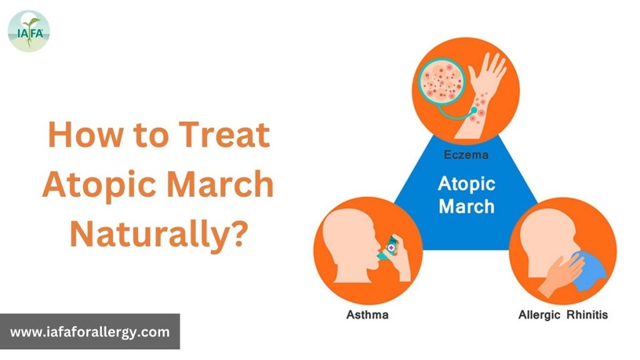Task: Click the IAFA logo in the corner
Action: pos(29,31)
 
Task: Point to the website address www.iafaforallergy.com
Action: pos(90,332)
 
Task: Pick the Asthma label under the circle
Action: pos(367,314)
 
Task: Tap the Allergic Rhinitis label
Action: pos(563,314)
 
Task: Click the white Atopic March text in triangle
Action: pos(467,194)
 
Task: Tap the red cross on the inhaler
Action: pos(392,248)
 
